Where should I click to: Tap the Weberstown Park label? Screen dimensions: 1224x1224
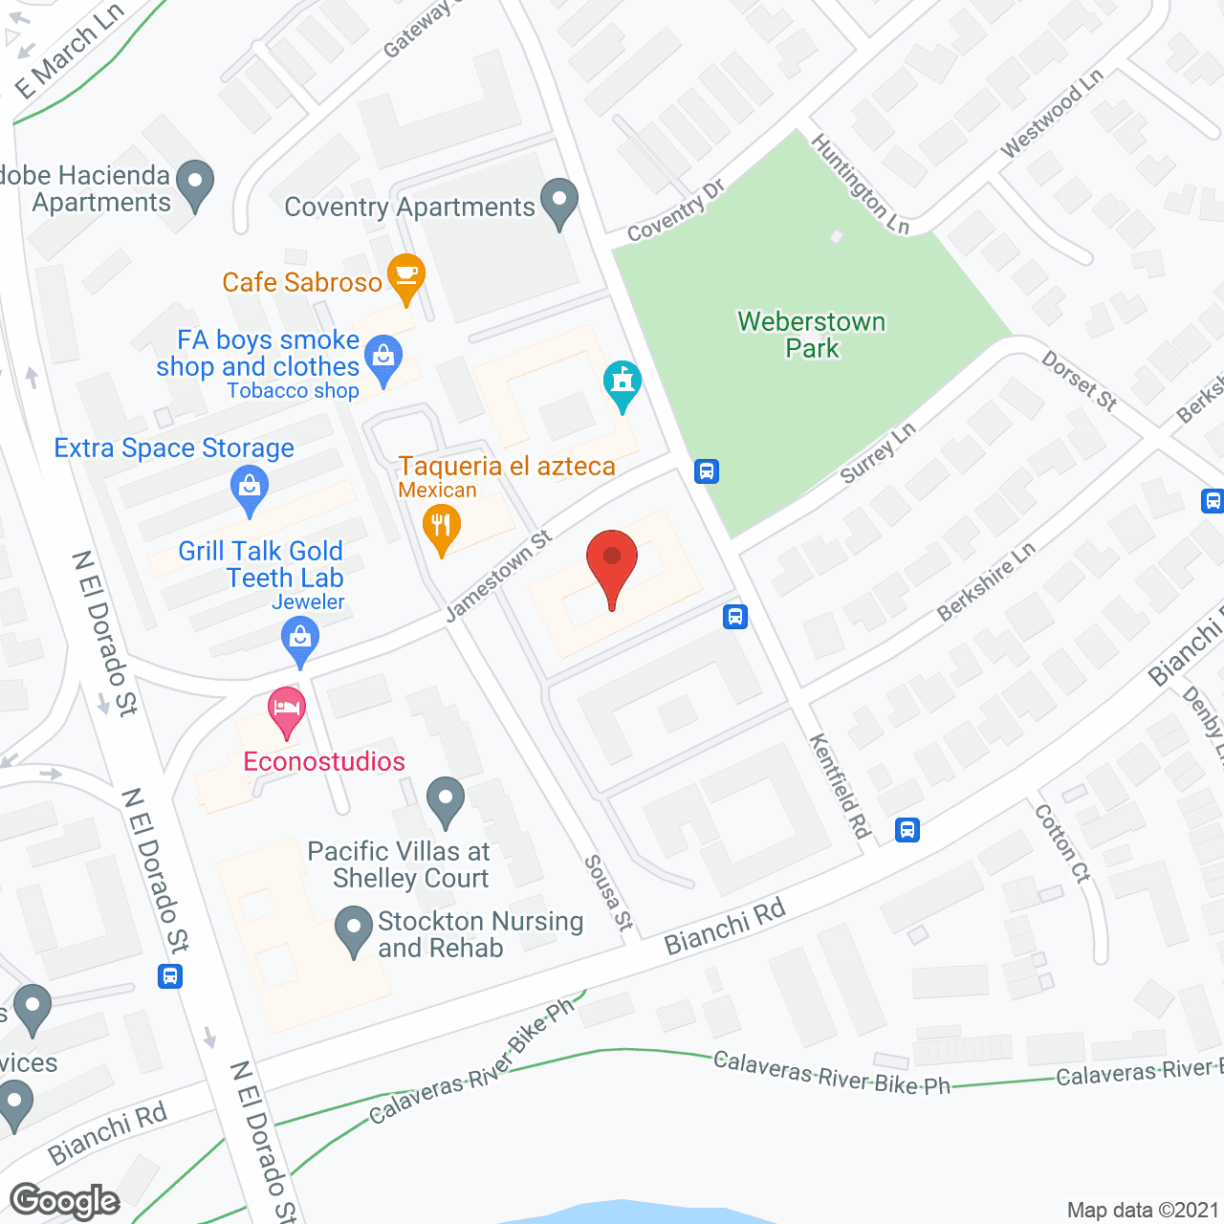pos(812,335)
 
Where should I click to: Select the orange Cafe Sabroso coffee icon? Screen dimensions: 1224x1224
pos(406,276)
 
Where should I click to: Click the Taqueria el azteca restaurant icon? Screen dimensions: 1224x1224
pos(441,529)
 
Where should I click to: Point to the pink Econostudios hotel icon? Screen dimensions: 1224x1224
pos(286,710)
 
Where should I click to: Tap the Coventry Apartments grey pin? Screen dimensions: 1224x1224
pos(559,202)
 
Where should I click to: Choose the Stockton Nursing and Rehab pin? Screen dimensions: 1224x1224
pos(354,929)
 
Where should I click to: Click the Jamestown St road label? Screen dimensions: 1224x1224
pos(498,576)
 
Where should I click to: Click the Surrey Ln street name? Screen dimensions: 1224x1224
pos(878,452)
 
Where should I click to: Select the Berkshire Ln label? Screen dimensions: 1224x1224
pos(986,580)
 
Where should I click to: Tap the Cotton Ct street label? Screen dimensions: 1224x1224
pos(1062,842)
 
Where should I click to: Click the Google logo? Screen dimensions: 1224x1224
pos(65,1202)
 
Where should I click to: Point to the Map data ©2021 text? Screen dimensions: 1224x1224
pos(1143,1210)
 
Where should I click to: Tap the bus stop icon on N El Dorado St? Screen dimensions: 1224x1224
pos(170,976)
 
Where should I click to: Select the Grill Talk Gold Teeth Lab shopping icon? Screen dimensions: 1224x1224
pos(300,640)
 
